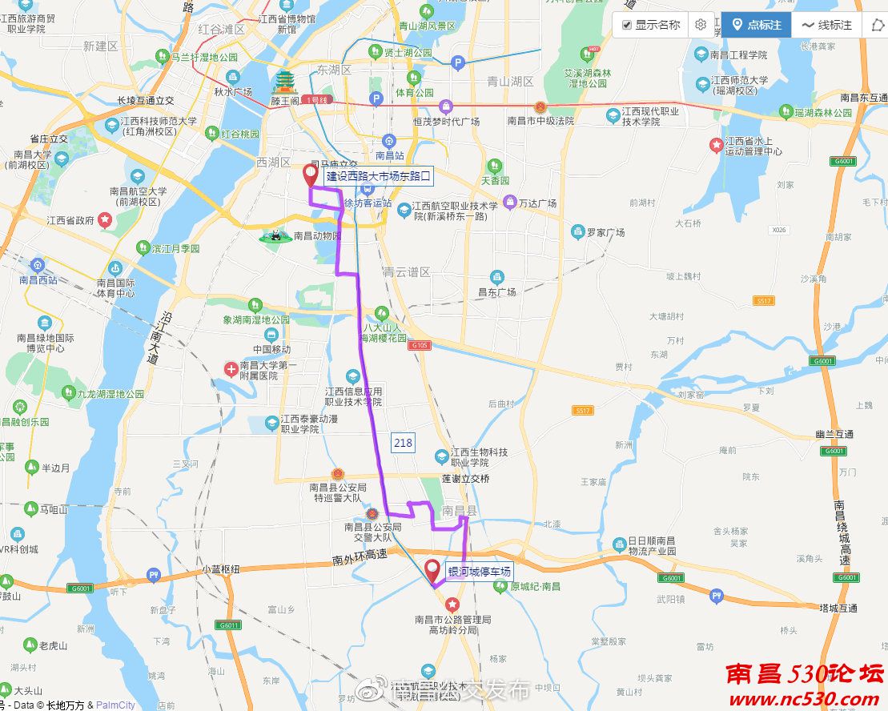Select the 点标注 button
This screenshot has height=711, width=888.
pyautogui.click(x=756, y=26)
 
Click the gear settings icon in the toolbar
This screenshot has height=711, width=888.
pyautogui.click(x=701, y=25)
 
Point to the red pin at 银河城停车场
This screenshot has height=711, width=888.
pyautogui.click(x=432, y=571)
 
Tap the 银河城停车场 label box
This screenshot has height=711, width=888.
pyautogui.click(x=479, y=572)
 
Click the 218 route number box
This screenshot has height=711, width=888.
pyautogui.click(x=403, y=443)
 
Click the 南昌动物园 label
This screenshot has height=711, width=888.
pyautogui.click(x=317, y=236)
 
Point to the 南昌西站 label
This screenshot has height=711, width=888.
pyautogui.click(x=38, y=280)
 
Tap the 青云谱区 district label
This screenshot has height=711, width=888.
pyautogui.click(x=407, y=272)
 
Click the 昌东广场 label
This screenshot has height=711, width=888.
pyautogui.click(x=496, y=292)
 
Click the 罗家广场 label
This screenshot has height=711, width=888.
pyautogui.click(x=605, y=233)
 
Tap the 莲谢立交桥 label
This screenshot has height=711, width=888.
pyautogui.click(x=465, y=479)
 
